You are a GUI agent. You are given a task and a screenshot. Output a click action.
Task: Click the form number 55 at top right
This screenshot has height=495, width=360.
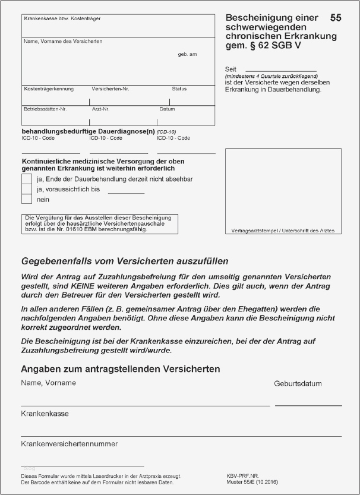[335, 18]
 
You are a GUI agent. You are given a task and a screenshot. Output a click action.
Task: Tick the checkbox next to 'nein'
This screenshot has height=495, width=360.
[26, 200]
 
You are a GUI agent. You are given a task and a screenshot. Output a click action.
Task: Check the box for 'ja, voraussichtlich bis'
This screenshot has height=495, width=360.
[26, 189]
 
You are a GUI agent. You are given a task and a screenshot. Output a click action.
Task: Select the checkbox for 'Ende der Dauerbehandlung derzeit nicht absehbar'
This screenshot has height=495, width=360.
[26, 178]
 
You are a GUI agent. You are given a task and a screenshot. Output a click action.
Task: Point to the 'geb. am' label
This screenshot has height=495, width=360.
[187, 54]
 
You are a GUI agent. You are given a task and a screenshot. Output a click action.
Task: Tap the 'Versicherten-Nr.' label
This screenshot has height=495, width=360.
[110, 89]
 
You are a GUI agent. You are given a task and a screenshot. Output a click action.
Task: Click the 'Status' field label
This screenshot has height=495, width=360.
[179, 89]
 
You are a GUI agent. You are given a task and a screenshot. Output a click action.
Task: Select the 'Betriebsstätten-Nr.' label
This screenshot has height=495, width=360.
[45, 109]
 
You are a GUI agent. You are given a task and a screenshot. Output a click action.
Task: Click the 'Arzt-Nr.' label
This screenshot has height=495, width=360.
[100, 109]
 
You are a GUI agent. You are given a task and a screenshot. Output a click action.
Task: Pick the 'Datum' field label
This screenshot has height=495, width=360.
[167, 109]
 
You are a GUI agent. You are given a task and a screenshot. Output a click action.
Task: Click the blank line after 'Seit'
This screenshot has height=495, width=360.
[280, 70]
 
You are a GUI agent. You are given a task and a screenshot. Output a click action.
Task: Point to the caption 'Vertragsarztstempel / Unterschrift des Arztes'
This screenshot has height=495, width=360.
[283, 230]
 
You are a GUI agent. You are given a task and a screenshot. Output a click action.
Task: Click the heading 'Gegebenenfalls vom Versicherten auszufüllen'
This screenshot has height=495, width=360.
[125, 261]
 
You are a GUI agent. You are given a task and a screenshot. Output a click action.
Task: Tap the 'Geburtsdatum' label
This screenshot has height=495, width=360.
[298, 384]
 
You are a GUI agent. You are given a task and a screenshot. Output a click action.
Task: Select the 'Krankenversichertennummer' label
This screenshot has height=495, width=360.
[69, 443]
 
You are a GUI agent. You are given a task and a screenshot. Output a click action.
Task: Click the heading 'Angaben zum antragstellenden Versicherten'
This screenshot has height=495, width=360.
[120, 369]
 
